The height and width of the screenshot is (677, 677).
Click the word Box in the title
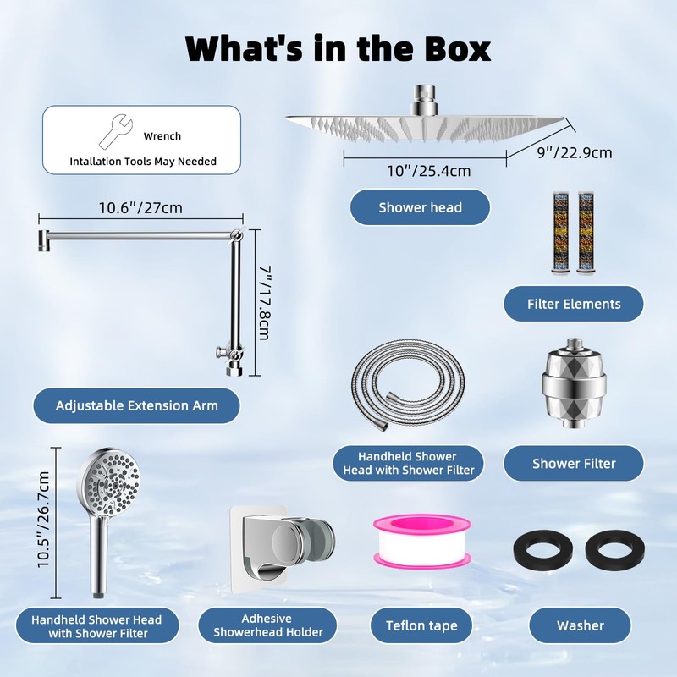[458, 49]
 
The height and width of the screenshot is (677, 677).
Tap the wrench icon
[116, 131]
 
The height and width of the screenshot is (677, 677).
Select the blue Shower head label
[420, 207]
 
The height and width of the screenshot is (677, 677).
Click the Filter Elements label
[574, 304]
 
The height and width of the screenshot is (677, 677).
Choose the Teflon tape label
[421, 625]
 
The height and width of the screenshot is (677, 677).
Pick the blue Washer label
[580, 625]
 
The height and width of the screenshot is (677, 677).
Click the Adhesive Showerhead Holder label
[267, 625]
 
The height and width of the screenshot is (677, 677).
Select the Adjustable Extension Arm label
[136, 405]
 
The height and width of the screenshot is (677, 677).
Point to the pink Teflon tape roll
[421, 541]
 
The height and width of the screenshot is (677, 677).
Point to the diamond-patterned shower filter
[575, 383]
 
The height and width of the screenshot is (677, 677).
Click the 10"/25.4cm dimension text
[428, 171]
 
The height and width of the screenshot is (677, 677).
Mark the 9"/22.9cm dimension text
[575, 153]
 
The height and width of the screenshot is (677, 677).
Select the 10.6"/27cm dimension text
[140, 207]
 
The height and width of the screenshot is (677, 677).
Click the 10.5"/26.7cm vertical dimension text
[44, 520]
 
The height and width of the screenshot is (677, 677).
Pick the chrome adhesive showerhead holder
[281, 548]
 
